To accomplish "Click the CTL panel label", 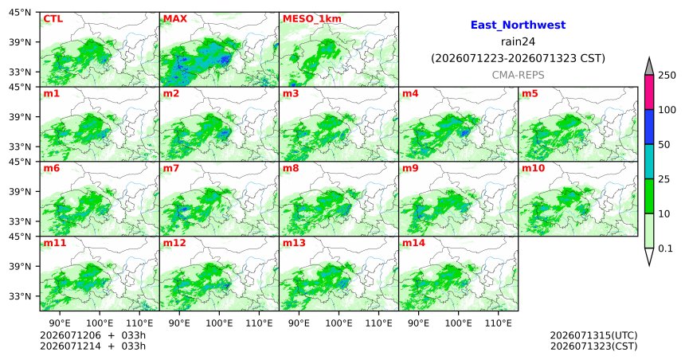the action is click(x=53, y=19).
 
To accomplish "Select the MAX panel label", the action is click(x=174, y=19).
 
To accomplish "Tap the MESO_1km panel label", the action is click(x=312, y=19).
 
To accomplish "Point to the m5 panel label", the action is click(x=530, y=93).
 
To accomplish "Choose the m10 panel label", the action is click(x=533, y=168).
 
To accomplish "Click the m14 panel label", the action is click(x=413, y=243).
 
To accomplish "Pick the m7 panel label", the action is click(x=171, y=168).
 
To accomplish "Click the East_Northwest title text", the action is click(x=518, y=25).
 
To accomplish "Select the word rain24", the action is click(x=518, y=41).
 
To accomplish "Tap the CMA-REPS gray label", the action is click(x=518, y=75).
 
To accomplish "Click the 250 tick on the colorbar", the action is click(x=667, y=76).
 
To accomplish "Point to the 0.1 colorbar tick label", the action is click(x=665, y=248).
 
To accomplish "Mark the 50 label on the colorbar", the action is click(x=664, y=145).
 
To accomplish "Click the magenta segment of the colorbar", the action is click(x=649, y=92).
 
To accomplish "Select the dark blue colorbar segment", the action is click(x=649, y=127).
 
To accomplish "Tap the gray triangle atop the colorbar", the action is click(x=649, y=67).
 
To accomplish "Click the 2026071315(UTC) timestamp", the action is click(x=593, y=335).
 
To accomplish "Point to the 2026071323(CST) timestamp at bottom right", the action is click(x=593, y=346).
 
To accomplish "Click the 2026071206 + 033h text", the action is click(x=92, y=335).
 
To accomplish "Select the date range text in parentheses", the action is click(x=518, y=59).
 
